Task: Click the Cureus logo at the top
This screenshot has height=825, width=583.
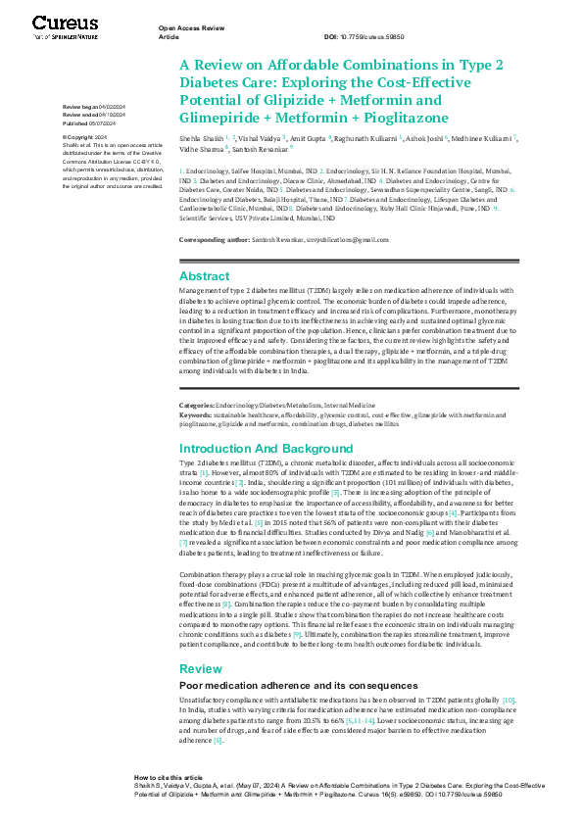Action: click(x=66, y=24)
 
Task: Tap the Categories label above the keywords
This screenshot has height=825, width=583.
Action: click(x=200, y=405)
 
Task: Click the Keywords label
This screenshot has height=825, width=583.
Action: click(x=198, y=412)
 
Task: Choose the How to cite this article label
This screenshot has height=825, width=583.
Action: click(x=169, y=803)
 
